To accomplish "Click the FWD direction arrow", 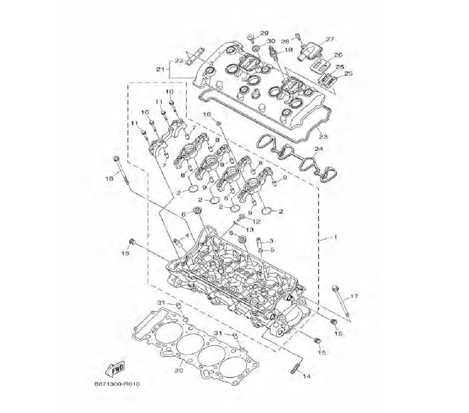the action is click(x=114, y=370).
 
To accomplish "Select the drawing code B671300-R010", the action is click(x=117, y=384).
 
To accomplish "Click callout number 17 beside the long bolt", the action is click(x=354, y=296).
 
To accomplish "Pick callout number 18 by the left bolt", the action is click(x=109, y=179).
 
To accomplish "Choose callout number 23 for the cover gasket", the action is click(x=323, y=137).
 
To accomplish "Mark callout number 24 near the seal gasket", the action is click(x=319, y=149).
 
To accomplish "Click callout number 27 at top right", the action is click(x=330, y=39).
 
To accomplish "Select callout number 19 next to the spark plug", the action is click(x=288, y=50).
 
